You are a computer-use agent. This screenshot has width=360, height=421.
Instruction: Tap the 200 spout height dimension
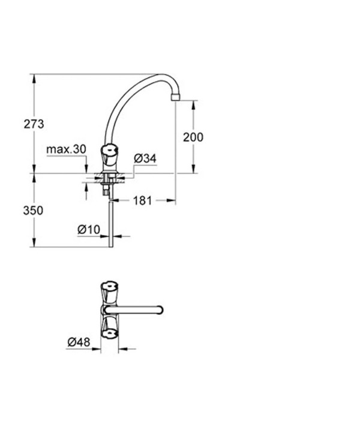pyautogui.click(x=193, y=137)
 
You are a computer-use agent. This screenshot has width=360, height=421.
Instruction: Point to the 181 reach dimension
pyautogui.click(x=142, y=201)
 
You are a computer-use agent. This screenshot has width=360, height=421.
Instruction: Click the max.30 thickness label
pyautogui.click(x=67, y=149)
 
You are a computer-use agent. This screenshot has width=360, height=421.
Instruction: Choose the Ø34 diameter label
pyautogui.click(x=145, y=158)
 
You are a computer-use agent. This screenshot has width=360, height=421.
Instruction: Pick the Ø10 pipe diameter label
pyautogui.click(x=88, y=228)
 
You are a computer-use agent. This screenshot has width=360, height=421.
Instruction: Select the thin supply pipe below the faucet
pyautogui.click(x=109, y=222)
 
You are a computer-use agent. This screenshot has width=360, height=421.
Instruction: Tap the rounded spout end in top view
pyautogui.click(x=160, y=309)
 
